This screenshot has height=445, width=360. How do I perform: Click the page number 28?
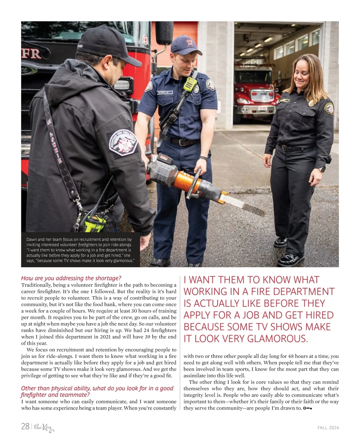point(25,426)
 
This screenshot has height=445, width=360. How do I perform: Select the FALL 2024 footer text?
point(328,428)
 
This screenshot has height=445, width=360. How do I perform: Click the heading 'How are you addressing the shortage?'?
point(71,278)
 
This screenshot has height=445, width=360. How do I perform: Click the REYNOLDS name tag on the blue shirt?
point(165,92)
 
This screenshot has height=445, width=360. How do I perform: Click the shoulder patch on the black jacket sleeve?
point(123,143)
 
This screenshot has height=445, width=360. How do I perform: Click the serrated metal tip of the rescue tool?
point(254,209)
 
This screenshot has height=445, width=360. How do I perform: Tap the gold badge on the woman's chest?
point(312,103)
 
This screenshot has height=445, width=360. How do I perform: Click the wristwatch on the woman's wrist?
point(322,169)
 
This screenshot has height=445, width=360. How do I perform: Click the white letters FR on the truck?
point(31,54)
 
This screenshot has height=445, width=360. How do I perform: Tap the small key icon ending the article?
point(307,408)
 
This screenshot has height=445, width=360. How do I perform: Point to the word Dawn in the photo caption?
point(31,240)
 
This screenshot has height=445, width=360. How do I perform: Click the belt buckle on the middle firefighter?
point(182,142)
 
